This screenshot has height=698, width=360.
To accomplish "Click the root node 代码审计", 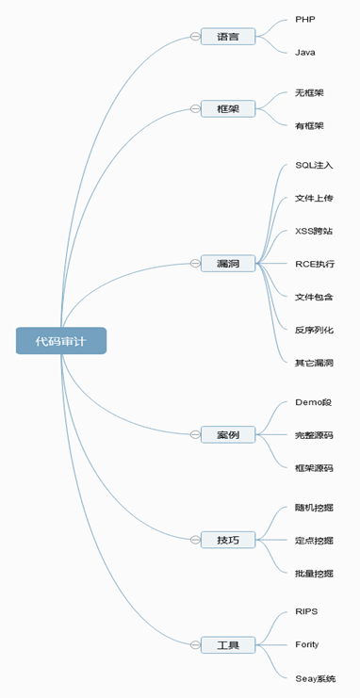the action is pos(61,341).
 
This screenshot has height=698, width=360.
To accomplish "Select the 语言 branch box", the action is pos(228,37).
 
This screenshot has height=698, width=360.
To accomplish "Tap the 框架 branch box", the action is pos(228,108).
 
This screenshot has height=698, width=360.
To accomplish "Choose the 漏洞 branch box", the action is pos(228,264).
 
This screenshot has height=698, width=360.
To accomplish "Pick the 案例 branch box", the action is pos(228,434).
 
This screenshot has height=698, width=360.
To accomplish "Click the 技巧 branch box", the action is pos(228,540).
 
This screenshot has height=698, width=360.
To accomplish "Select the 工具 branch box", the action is pos(228,645).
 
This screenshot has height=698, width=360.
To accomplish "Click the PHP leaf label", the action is pos(305,19).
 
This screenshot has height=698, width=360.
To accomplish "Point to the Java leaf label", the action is pos(305,53).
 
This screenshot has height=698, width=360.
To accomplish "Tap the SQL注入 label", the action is pos(314,165).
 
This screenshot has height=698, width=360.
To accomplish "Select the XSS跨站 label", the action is pos(314,231).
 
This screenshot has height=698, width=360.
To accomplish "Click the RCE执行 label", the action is pos(315,264).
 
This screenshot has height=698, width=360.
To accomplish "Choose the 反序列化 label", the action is pos(314,330).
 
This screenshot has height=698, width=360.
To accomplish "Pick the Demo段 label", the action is pos(313,402).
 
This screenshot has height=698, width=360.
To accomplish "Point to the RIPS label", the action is pos(306,611).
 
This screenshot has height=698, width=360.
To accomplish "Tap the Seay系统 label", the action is pos(316,679).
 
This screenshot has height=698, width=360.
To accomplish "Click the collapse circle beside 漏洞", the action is pos(195,264).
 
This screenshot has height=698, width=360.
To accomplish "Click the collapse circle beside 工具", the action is pos(195,645).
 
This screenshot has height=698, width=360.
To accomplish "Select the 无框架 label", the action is pos(309,93).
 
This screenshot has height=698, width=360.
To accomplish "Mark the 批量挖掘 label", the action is pos(314,574).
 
